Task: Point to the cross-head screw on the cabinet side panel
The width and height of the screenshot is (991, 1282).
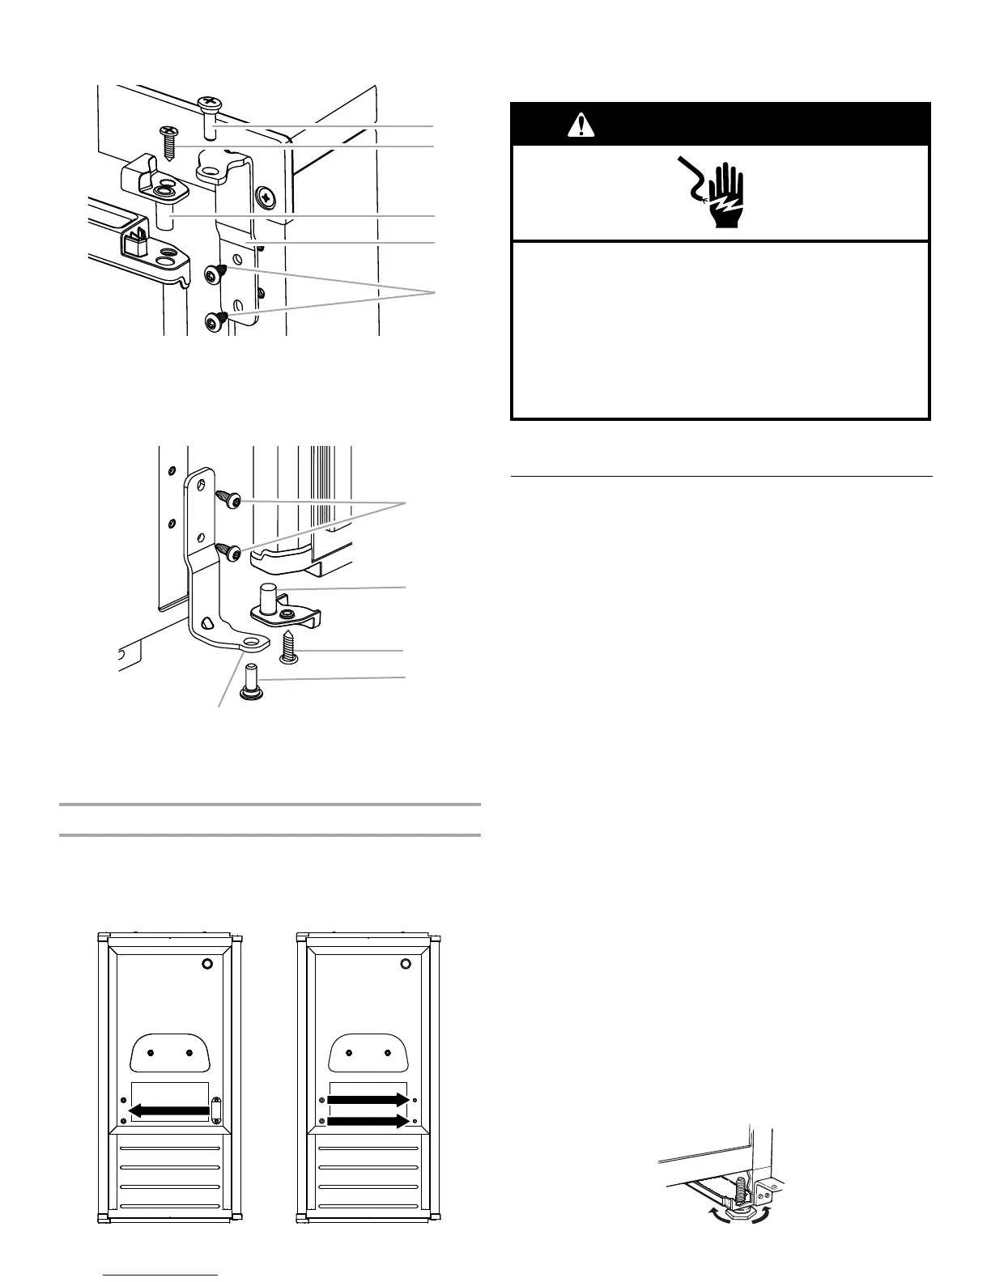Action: (x=266, y=196)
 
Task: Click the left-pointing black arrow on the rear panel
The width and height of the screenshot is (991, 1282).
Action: (x=170, y=1111)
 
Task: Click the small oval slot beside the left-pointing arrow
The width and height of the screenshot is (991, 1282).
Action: (x=215, y=1110)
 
